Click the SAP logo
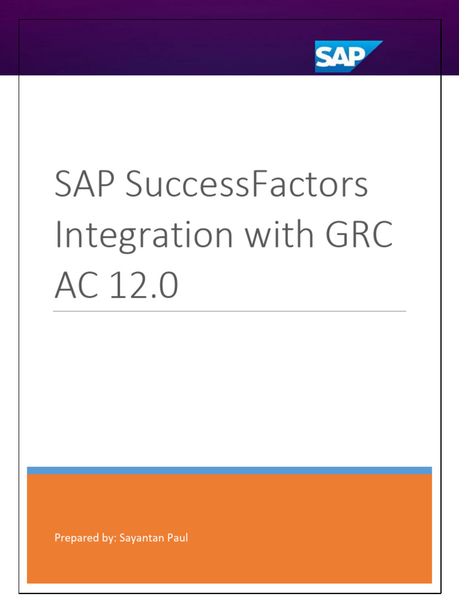pyautogui.click(x=348, y=56)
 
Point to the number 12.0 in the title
pyautogui.click(x=143, y=286)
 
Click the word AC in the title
pyautogui.click(x=74, y=286)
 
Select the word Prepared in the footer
pyautogui.click(x=74, y=538)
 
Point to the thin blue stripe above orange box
pyautogui.click(x=229, y=470)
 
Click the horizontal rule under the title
pyautogui.click(x=229, y=311)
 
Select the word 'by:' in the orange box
pyautogui.click(x=107, y=538)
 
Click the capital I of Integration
pyautogui.click(x=59, y=235)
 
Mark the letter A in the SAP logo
pyautogui.click(x=340, y=58)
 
